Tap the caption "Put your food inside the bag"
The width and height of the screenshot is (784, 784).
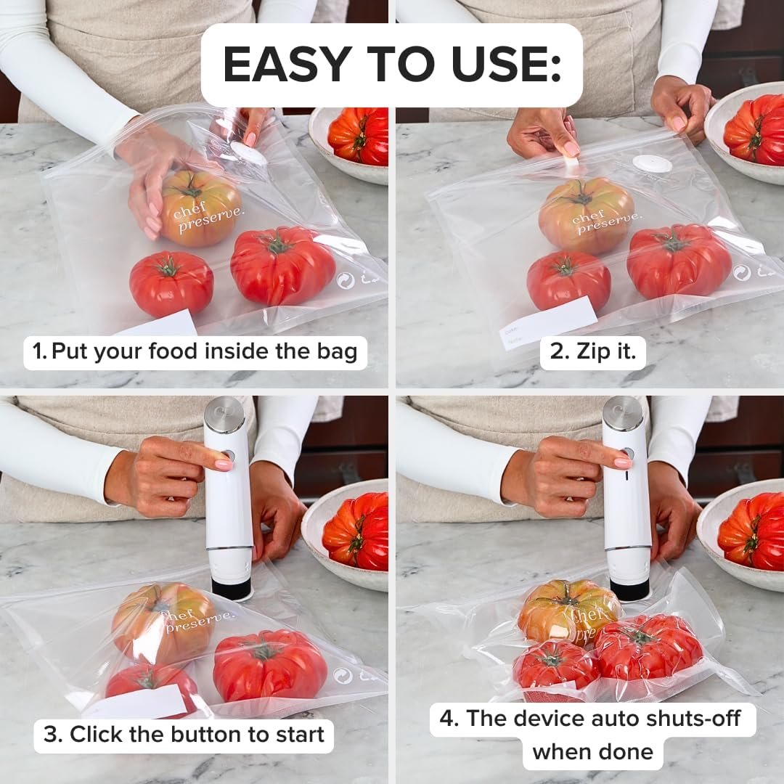(195, 351)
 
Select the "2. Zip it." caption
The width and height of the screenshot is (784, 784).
(592, 351)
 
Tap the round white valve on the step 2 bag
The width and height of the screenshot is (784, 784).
(651, 164)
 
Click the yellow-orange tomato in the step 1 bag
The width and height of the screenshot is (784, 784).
(200, 208)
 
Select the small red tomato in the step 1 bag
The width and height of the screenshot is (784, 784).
(171, 283)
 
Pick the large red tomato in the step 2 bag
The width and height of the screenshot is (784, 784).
(679, 261)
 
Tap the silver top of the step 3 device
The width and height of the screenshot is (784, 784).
(224, 414)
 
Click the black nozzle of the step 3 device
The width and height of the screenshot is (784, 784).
(231, 587)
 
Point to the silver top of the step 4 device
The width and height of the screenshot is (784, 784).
(622, 413)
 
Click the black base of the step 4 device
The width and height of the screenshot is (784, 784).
(629, 588)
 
